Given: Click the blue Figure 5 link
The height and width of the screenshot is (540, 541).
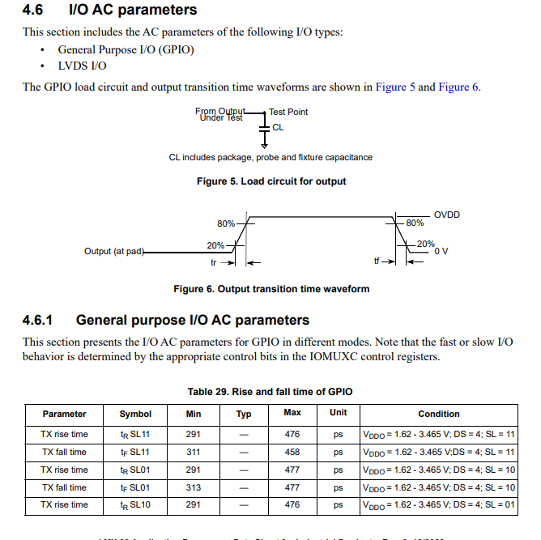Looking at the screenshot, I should click(395, 87).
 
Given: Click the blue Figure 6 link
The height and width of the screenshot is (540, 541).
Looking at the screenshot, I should click(459, 87).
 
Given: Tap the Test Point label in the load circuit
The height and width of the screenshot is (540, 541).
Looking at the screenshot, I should click(288, 112).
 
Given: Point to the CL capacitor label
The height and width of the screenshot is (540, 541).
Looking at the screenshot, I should click(278, 127).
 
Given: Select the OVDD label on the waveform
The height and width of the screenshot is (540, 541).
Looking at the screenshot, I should click(446, 215).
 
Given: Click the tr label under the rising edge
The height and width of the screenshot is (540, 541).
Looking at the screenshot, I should click(214, 262).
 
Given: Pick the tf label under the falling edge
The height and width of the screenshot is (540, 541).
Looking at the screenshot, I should click(377, 261).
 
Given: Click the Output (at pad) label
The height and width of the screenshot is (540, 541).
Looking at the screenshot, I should click(113, 251).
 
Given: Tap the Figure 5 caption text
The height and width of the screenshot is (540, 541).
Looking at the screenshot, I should click(271, 181).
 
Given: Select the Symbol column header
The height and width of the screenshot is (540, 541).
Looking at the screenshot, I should click(135, 414).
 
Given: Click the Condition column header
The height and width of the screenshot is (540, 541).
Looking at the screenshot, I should click(439, 414).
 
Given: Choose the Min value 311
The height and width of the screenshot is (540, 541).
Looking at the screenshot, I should click(193, 452).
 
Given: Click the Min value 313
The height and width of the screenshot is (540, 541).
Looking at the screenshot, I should click(193, 487).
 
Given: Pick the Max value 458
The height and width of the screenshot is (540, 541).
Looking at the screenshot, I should click(292, 452).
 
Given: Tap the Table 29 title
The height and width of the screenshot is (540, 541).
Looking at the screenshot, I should click(270, 392).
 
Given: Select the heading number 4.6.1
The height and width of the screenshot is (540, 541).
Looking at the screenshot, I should click(37, 321).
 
